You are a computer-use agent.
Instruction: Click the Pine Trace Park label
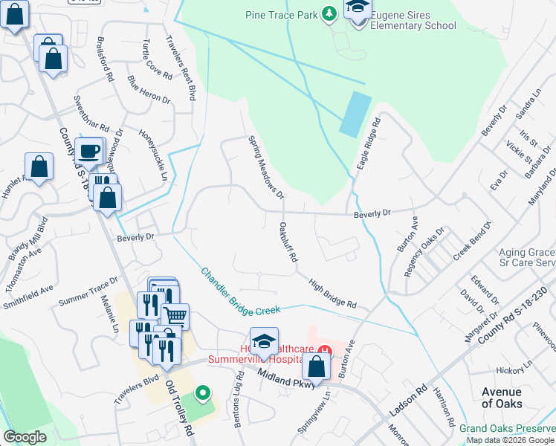coord(282,15)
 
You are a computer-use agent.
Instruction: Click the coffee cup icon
coord(90,151)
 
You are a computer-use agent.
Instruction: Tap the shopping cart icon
coord(175,316)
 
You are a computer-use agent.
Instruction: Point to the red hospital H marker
coord(324,349)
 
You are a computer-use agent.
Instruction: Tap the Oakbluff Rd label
coord(288,242)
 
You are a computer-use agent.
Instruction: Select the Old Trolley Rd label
coord(181,409)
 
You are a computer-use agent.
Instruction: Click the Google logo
coord(25,437)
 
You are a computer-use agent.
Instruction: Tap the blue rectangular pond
coord(355,114)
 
